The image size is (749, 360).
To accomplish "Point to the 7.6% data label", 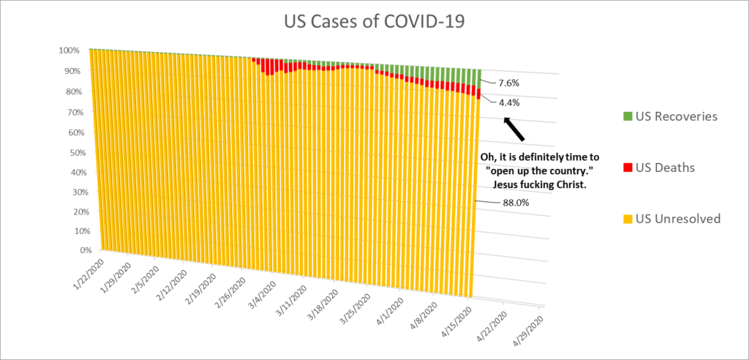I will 509,83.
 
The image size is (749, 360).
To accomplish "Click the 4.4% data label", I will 509,103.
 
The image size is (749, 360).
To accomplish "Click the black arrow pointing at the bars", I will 515,130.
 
